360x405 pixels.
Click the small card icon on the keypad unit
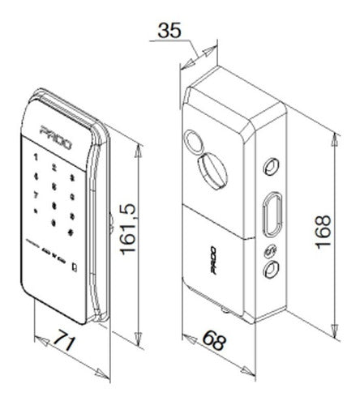[74, 266]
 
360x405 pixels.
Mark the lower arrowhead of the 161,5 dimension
[143, 338]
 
